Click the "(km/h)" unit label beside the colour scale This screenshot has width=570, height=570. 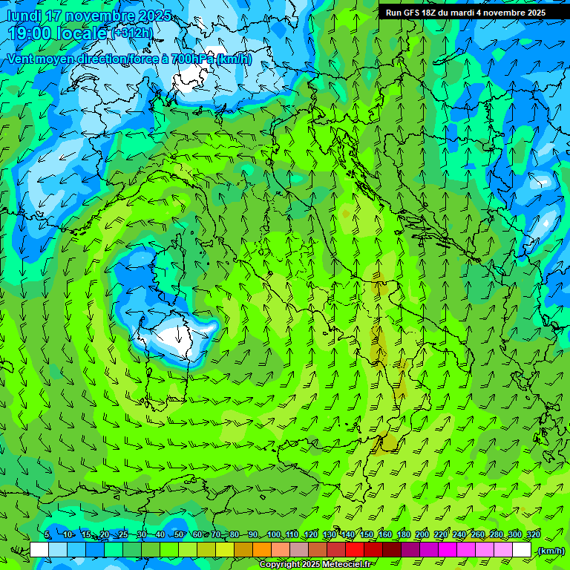point(549,551)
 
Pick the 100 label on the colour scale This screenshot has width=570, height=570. point(274,535)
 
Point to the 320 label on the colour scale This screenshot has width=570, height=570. point(533,535)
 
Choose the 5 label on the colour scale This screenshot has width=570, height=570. point(47,535)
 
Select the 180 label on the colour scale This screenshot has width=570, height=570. point(404,535)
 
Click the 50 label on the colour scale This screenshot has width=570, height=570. point(179,535)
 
